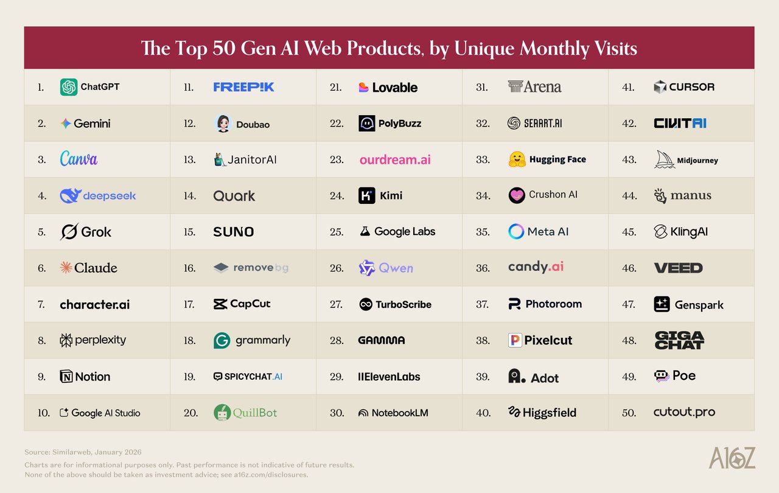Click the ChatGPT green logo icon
[69, 87]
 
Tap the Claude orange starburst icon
[66, 267]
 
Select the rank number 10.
[43, 413]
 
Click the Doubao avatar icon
[223, 124]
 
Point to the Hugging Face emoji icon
[517, 159]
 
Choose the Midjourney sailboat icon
[665, 159]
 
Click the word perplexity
[100, 340]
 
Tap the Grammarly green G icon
[222, 340]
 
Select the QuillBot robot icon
[222, 412]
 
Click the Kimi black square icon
[366, 195]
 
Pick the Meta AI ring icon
[516, 231]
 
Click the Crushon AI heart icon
[517, 195]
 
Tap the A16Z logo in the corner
[732, 458]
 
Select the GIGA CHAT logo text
[679, 340]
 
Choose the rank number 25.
[337, 232]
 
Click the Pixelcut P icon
[515, 340]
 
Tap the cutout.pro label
[684, 412]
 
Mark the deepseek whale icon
[71, 195]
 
